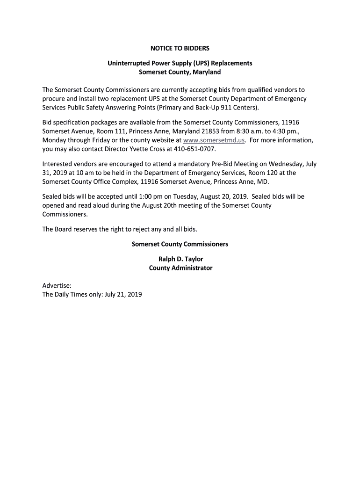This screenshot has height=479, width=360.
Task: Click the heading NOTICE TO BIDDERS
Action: click(x=180, y=48)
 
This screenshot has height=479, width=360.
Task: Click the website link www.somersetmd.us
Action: click(x=214, y=140)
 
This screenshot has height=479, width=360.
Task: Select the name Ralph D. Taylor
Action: click(x=180, y=259)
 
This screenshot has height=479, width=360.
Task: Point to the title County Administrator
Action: click(x=180, y=268)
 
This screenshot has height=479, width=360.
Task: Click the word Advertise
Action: click(x=57, y=285)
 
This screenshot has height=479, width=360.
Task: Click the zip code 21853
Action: click(x=202, y=131)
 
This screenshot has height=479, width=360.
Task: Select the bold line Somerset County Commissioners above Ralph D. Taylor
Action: click(x=180, y=244)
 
